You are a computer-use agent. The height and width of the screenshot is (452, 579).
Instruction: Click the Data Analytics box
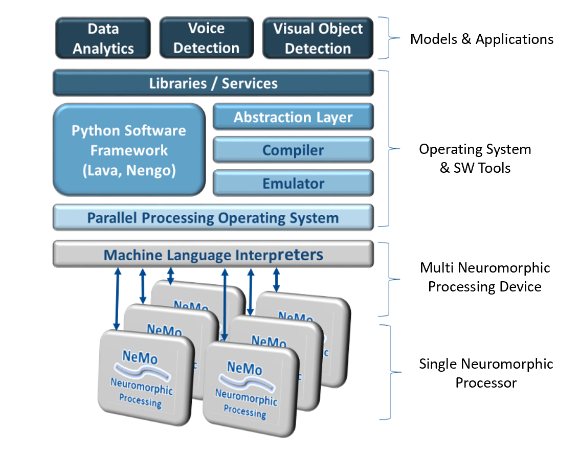click(103, 38)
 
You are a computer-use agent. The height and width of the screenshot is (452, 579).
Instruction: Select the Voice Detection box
click(207, 38)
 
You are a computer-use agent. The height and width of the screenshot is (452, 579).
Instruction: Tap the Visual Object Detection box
click(318, 38)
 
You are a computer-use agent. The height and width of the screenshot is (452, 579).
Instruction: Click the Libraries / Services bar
click(213, 83)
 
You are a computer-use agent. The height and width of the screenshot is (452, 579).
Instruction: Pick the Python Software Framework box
click(129, 149)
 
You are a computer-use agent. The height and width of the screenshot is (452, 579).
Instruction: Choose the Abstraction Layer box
click(293, 117)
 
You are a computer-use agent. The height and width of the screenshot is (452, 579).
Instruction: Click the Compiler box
click(293, 151)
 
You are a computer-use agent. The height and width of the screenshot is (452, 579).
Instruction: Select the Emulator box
click(293, 183)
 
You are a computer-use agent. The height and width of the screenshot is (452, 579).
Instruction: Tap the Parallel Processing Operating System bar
click(213, 218)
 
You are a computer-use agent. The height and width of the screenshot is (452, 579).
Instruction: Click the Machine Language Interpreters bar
click(213, 254)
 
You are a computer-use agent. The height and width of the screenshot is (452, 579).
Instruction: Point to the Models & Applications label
click(481, 39)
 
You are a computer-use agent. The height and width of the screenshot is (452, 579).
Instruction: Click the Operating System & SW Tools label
click(475, 159)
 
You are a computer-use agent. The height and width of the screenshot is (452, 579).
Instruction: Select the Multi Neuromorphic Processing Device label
click(484, 277)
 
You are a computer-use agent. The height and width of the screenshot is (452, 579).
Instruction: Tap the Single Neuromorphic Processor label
click(486, 373)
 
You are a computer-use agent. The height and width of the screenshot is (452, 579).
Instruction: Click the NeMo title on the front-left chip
click(140, 356)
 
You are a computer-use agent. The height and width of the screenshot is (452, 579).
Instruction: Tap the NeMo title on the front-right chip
click(244, 368)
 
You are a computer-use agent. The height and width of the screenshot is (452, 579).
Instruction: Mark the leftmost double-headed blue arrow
click(117, 299)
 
